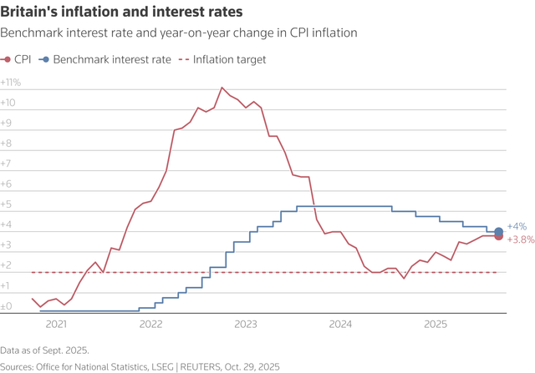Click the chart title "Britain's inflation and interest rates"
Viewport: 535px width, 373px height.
[x=122, y=13]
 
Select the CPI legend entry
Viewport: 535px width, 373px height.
[x=18, y=59]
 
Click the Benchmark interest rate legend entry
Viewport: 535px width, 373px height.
[x=105, y=59]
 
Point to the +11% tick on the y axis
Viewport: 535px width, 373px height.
[x=12, y=83]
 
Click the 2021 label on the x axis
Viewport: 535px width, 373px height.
[x=56, y=324]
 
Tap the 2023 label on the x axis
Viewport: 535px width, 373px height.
[x=247, y=324]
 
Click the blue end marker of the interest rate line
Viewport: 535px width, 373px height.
[x=499, y=231]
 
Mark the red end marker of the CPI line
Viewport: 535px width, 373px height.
[x=499, y=236]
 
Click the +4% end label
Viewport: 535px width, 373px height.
[x=517, y=226]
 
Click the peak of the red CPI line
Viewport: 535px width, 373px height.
[x=222, y=88]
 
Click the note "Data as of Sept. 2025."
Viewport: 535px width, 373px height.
[x=44, y=350]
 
